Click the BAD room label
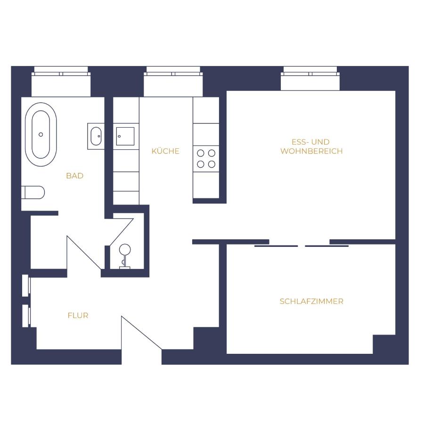point(74,176)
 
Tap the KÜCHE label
point(165,151)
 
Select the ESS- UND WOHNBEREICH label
point(311,147)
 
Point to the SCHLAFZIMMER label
point(311,302)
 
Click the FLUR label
point(78,316)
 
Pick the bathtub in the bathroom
point(41,134)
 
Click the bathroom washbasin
point(96,136)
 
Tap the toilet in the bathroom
point(34,192)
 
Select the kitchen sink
point(125,136)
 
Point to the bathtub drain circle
point(41,134)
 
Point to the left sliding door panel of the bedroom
point(276,246)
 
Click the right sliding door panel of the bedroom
point(326,246)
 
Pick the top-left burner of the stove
point(201,153)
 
